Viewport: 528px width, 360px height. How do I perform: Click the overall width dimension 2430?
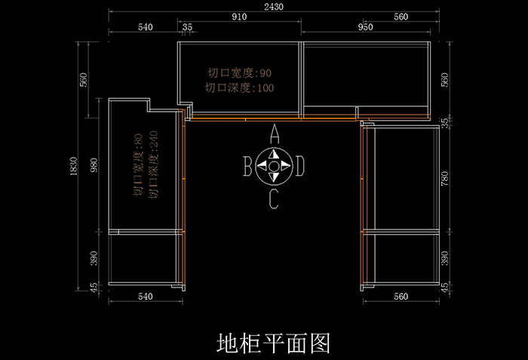(274, 6)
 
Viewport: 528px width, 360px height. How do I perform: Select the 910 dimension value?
(240, 17)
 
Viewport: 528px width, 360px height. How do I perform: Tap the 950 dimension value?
(365, 27)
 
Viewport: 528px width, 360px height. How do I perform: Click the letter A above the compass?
(275, 134)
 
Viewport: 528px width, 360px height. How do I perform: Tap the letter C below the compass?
(274, 199)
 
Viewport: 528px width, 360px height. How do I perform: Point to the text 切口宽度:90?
(240, 74)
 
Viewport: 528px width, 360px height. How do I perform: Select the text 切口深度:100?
(239, 88)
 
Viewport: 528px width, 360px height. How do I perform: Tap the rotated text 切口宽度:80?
(138, 165)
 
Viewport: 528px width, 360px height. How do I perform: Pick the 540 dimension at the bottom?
(146, 297)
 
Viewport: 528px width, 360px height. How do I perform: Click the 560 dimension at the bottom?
(401, 297)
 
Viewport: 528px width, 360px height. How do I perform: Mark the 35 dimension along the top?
(188, 27)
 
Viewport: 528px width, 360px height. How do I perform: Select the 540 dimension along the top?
(146, 27)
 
